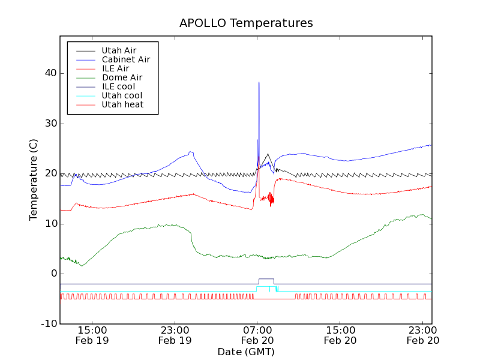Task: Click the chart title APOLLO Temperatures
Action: point(246,23)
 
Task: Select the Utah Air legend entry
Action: point(119,50)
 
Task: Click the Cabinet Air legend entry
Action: point(125,59)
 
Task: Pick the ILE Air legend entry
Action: point(115,68)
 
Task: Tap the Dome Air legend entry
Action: point(122,77)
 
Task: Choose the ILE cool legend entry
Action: point(118,86)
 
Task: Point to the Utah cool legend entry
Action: point(122,95)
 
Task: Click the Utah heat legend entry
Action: point(122,104)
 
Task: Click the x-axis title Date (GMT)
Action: point(246,352)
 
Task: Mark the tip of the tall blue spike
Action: point(259,82)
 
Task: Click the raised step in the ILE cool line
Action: point(266,279)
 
